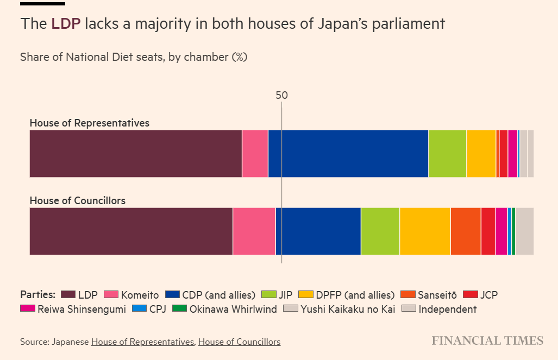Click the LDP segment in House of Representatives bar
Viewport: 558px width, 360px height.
tap(135, 154)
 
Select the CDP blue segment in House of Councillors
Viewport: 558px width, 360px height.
tap(318, 231)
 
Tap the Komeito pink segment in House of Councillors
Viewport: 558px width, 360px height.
tap(254, 231)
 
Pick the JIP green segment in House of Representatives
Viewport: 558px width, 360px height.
tap(447, 154)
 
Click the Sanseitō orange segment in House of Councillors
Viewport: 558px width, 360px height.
tap(465, 231)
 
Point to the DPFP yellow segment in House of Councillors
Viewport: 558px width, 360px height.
tap(425, 231)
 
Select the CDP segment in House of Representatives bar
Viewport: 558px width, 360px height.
tap(348, 154)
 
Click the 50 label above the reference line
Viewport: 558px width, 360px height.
tap(281, 95)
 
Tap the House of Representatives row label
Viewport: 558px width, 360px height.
tap(89, 123)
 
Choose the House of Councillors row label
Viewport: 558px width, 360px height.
tap(77, 201)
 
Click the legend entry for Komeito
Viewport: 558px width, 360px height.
tap(131, 295)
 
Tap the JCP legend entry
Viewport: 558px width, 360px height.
tap(480, 295)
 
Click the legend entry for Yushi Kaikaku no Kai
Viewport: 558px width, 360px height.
tap(340, 309)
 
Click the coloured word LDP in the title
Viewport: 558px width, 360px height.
tap(66, 24)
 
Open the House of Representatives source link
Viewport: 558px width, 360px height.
tap(142, 342)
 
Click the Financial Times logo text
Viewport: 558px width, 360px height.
tap(487, 340)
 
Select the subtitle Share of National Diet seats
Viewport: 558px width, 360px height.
tap(134, 57)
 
